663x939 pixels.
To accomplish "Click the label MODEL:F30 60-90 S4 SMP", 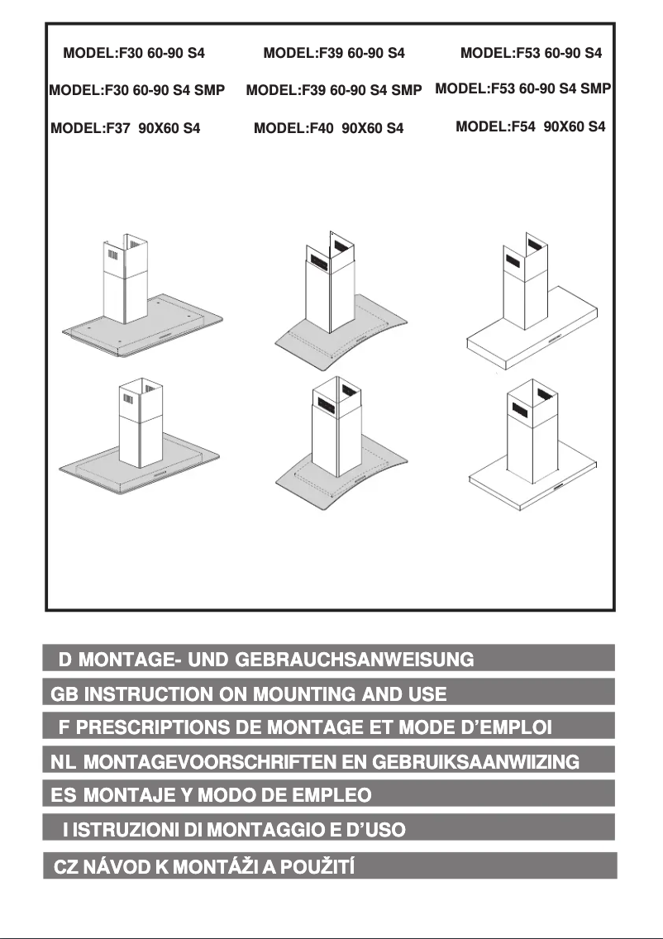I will tap(136, 90).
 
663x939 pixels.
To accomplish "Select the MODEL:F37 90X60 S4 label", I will tap(126, 129).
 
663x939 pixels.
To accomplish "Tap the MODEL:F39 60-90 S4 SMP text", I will tap(334, 90).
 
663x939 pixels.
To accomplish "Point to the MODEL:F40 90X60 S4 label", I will tap(328, 129).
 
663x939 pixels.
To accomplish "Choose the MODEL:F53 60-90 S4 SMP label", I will tap(522, 88).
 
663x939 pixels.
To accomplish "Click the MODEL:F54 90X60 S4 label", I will tap(530, 127).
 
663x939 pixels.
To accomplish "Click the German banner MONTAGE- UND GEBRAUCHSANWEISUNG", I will tap(329, 659).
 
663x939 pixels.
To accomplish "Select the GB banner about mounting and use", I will tap(329, 693).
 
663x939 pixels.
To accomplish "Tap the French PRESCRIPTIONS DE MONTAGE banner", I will tap(329, 727).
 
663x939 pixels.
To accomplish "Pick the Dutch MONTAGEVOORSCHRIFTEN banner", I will tap(329, 760).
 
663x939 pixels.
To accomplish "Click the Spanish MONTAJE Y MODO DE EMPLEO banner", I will tap(329, 794).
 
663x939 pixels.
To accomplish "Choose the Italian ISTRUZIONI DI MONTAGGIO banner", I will tap(329, 828).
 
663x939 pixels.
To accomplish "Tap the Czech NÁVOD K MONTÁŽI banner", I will tap(329, 866).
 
